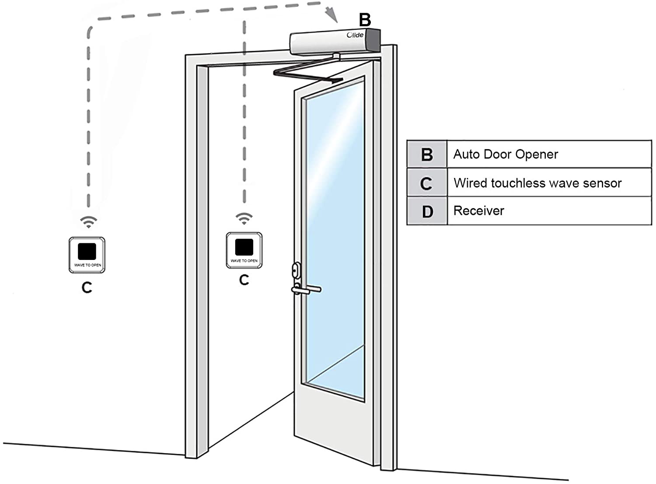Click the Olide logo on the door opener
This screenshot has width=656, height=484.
coord(355,35)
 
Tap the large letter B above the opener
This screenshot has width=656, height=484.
coord(365,20)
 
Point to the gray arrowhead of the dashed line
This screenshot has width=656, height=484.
coord(332,15)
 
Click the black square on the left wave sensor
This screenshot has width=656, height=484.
coord(87,251)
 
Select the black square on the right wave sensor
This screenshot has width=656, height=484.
coord(244,247)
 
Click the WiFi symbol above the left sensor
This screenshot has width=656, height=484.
coord(88,222)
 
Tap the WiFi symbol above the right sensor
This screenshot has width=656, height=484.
coord(244,218)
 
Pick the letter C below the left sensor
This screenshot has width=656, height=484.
coord(87,288)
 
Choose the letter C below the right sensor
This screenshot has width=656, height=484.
coord(244,280)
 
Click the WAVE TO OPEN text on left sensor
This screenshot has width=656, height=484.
coord(87,265)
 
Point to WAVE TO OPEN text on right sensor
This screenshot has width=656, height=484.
coord(244,261)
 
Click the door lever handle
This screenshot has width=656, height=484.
coord(306,290)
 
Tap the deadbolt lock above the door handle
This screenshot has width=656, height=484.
coord(297,270)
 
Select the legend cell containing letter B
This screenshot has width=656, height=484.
coord(427,154)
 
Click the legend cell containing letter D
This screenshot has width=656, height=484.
coord(427,211)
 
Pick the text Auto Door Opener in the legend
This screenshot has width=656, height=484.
coord(506,154)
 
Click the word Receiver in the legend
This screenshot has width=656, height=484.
coord(479,210)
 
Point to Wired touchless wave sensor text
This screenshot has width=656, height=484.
coord(537,183)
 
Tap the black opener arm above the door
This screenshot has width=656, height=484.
coord(307,72)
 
